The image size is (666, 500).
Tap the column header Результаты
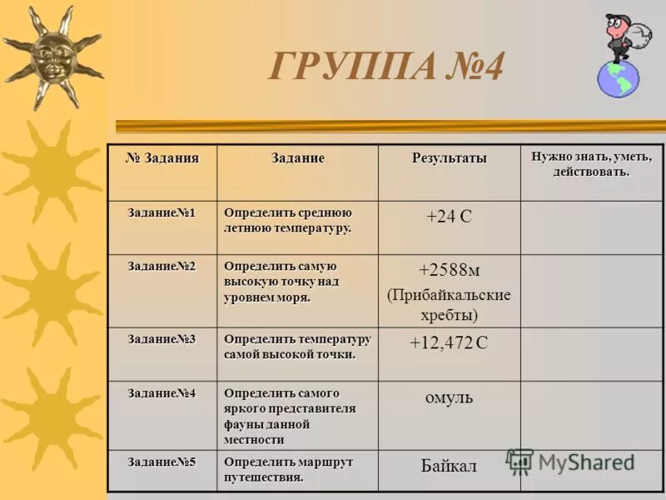(x=450, y=158)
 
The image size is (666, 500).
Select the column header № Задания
(x=162, y=157)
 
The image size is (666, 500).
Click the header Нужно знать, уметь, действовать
(x=592, y=163)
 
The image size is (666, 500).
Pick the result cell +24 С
(x=449, y=217)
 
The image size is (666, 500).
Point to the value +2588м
(x=449, y=270)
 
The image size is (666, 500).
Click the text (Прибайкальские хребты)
(x=449, y=305)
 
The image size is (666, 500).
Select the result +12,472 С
(x=449, y=342)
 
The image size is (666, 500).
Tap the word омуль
(x=449, y=397)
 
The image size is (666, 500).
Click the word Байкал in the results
(x=449, y=467)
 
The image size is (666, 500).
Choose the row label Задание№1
(x=162, y=212)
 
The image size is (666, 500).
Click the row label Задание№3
(x=162, y=338)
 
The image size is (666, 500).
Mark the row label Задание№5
(x=162, y=462)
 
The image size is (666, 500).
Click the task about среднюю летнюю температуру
(x=288, y=220)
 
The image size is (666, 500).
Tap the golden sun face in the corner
(x=52, y=57)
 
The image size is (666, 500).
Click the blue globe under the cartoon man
(x=618, y=78)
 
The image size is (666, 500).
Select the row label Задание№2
(x=162, y=266)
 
